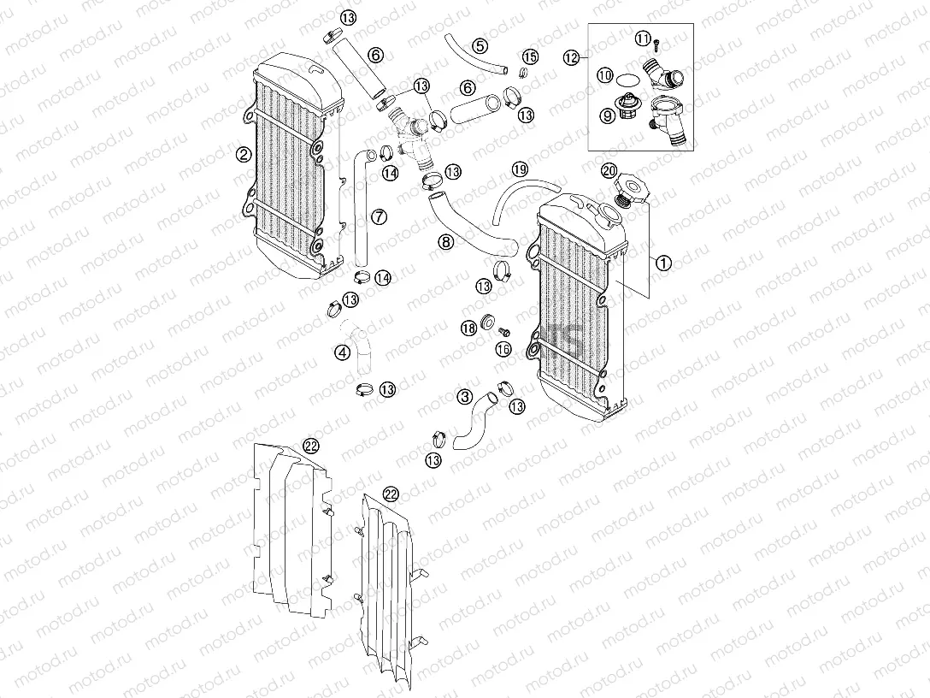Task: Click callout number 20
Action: click(x=609, y=169)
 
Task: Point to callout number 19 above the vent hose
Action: click(x=521, y=169)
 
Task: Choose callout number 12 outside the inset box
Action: click(x=572, y=57)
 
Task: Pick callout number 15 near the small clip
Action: click(x=531, y=57)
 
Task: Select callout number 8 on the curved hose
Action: click(x=445, y=242)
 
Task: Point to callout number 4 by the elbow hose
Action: click(x=342, y=351)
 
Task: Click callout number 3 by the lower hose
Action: click(x=464, y=396)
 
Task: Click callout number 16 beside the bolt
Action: click(x=503, y=349)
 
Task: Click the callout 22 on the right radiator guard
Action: click(x=391, y=494)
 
